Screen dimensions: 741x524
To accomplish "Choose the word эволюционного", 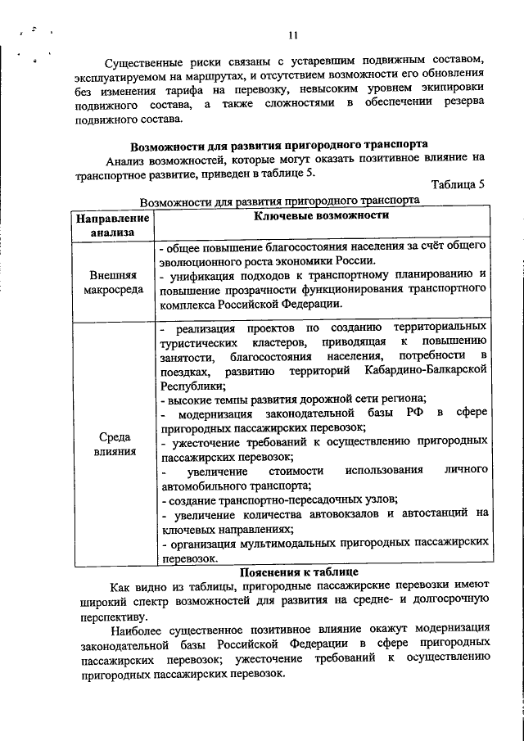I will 199,260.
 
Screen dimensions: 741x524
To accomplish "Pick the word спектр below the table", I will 151,602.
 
